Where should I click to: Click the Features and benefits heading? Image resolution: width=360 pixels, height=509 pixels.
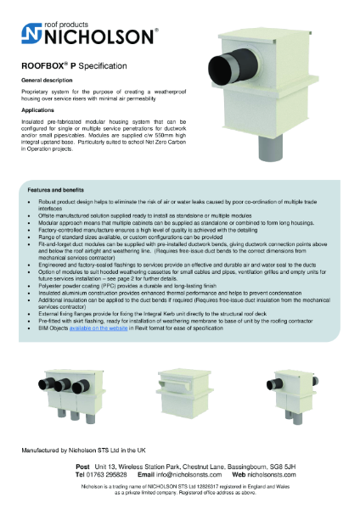coord(56,191)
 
